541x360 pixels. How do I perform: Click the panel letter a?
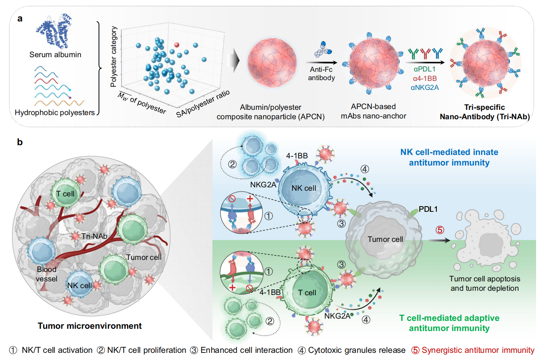pos(20,19)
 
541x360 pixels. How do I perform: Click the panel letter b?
pos(20,142)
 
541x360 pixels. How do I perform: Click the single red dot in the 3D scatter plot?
pos(176,45)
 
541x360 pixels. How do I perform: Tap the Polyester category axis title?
pos(114,57)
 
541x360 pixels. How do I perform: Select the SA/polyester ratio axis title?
pos(203,104)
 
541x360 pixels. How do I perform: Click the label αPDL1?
pos(424,69)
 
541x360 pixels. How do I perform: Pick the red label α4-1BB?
pos(425,78)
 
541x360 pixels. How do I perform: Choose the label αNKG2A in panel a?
pos(425,88)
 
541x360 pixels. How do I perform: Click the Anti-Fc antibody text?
pos(321,74)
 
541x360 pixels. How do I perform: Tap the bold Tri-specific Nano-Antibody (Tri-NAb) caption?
pos(485,112)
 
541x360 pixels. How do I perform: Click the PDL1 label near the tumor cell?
pos(428,209)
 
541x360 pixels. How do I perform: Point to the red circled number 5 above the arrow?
pos(440,230)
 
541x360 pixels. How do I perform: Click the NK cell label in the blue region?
pos(304,188)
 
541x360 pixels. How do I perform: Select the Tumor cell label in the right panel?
pos(385,239)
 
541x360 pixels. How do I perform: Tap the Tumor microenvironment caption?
pos(90,326)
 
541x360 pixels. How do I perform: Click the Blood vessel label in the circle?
pos(47,274)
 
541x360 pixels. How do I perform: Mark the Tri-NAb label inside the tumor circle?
pos(94,236)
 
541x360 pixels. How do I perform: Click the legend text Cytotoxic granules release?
pos(357,350)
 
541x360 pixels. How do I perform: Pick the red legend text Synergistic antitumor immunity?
pos(478,350)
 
